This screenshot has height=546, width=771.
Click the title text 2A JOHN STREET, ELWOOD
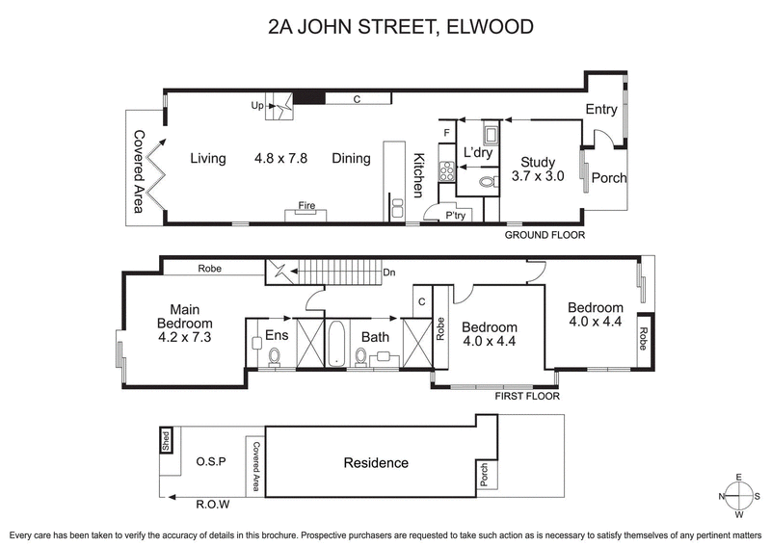point(400,26)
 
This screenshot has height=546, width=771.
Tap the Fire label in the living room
point(306,206)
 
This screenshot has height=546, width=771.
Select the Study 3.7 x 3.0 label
point(537,169)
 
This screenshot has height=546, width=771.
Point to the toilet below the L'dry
point(486,180)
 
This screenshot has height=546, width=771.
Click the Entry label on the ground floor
point(601,110)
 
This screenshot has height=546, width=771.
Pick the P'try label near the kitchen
point(456,217)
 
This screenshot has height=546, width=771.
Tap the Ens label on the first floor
point(277,336)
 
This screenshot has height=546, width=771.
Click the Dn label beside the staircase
point(389,273)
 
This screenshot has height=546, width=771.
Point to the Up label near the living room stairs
point(257,105)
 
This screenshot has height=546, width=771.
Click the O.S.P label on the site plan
point(209,462)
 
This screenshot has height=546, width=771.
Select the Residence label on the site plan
point(376,463)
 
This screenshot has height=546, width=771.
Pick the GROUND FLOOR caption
point(545,235)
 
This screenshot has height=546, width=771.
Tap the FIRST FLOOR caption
point(526,396)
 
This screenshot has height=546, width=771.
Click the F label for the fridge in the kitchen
point(445,132)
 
